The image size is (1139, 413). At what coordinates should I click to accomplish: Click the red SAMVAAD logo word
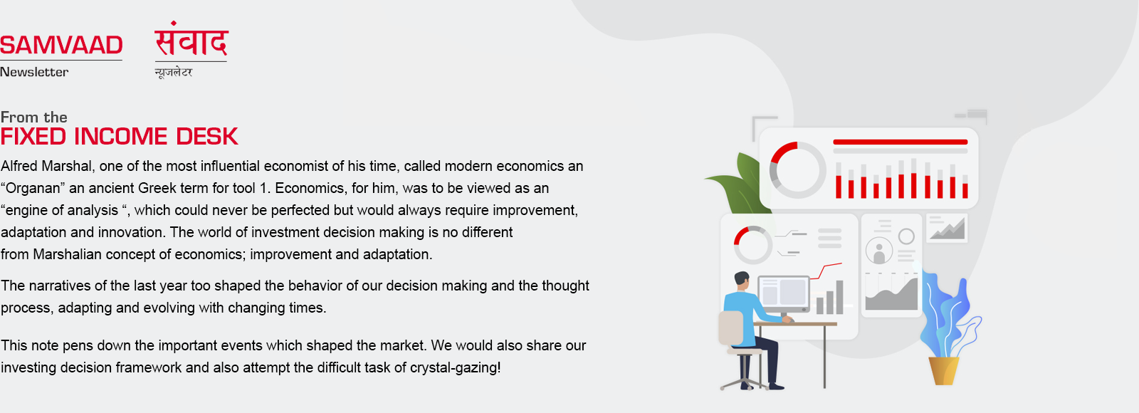(x=61, y=45)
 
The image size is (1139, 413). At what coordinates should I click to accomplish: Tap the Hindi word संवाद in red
(x=191, y=39)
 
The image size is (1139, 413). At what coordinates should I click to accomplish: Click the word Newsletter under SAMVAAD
(x=34, y=72)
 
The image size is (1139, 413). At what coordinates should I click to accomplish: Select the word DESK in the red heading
(x=207, y=136)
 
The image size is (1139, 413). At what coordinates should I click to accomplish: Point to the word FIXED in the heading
(x=33, y=136)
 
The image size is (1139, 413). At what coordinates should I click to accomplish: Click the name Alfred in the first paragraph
(x=19, y=166)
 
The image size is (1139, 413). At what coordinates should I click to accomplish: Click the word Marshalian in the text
(x=67, y=254)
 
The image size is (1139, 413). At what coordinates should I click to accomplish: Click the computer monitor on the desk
(x=784, y=294)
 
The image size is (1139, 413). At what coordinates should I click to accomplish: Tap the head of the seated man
(x=742, y=281)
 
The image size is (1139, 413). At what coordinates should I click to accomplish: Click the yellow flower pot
(x=944, y=370)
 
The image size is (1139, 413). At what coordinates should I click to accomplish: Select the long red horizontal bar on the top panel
(x=900, y=142)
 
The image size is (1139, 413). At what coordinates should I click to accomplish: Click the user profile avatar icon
(x=879, y=250)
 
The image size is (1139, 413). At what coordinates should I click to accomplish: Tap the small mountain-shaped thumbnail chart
(x=947, y=228)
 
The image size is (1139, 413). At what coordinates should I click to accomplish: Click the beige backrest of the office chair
(x=730, y=328)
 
